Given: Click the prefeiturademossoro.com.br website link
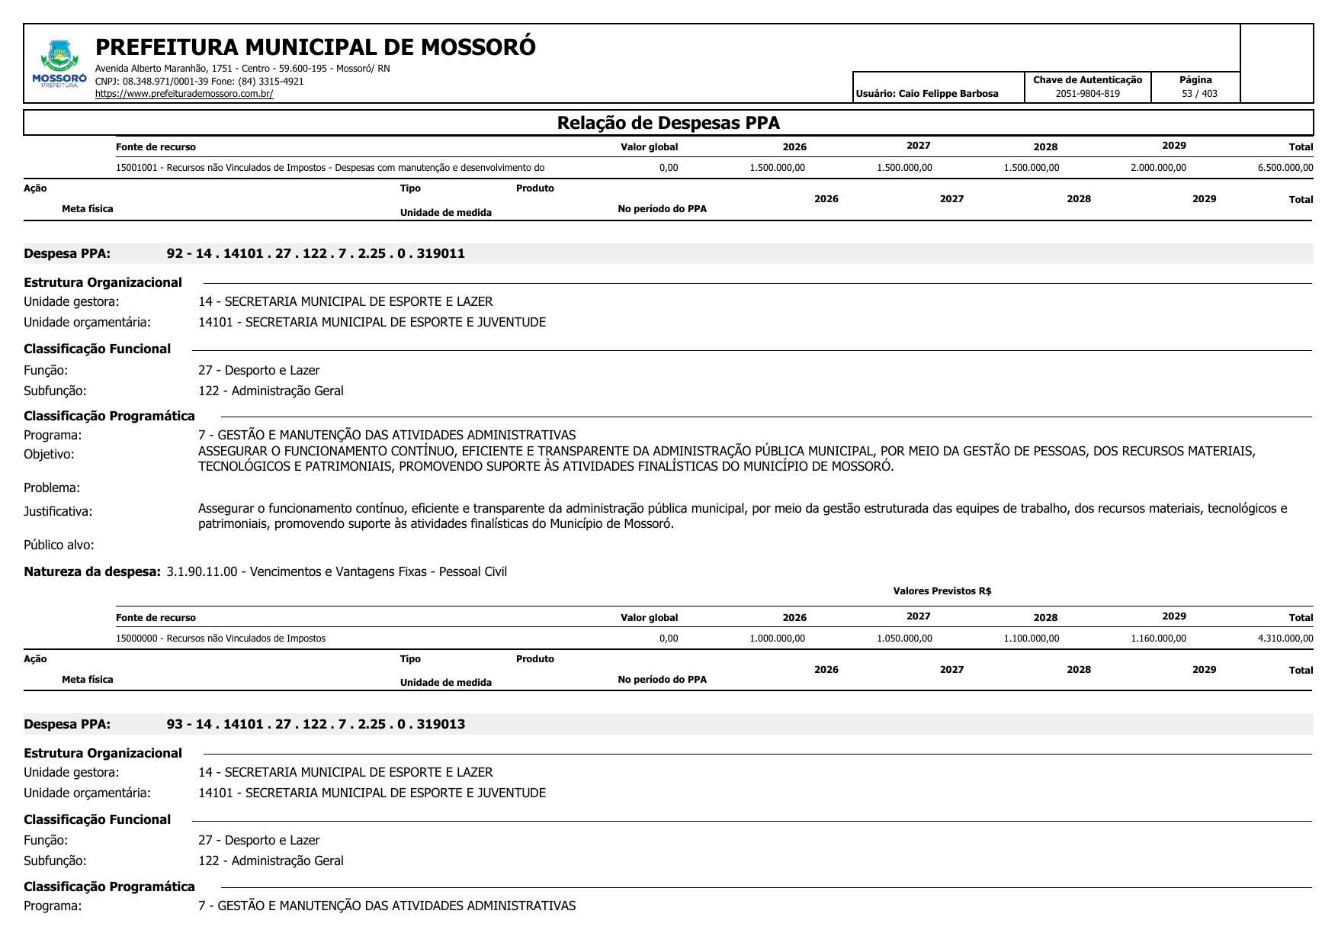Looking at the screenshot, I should [184, 94].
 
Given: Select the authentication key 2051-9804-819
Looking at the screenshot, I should [1087, 94].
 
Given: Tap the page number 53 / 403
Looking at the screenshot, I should [1199, 94].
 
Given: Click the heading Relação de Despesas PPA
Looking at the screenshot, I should [668, 123].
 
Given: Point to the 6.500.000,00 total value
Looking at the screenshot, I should [1285, 168].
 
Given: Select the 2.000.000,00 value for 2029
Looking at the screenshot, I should [1158, 168].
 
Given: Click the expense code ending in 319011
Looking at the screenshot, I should [316, 253].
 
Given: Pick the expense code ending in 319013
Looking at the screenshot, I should [316, 724].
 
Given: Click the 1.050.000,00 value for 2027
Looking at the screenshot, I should [904, 639].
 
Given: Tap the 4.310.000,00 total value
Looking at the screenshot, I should [1285, 639].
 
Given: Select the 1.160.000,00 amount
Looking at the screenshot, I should [1158, 639].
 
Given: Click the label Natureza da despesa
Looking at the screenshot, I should [92, 571].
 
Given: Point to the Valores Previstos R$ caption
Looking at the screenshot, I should [942, 591].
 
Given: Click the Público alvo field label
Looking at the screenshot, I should [59, 545].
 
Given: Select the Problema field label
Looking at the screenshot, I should [52, 487].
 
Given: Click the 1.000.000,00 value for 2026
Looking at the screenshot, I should [777, 639].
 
